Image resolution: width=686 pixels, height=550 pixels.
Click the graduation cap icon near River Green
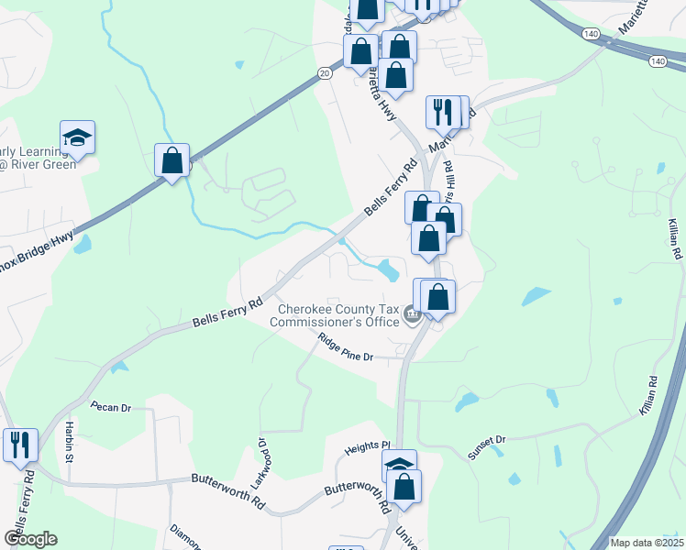(x=78, y=138)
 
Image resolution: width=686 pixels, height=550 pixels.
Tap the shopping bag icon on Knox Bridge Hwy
(x=171, y=160)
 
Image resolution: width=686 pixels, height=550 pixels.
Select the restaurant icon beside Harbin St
(x=20, y=445)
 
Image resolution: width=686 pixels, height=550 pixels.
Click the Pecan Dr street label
(x=111, y=406)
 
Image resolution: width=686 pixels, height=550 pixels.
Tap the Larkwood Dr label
(x=260, y=464)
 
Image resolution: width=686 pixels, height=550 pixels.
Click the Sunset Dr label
(x=485, y=446)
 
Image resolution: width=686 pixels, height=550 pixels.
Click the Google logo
(x=30, y=539)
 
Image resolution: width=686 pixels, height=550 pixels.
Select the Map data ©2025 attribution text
(x=647, y=543)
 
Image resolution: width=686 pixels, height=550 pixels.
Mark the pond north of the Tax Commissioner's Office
(x=388, y=269)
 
